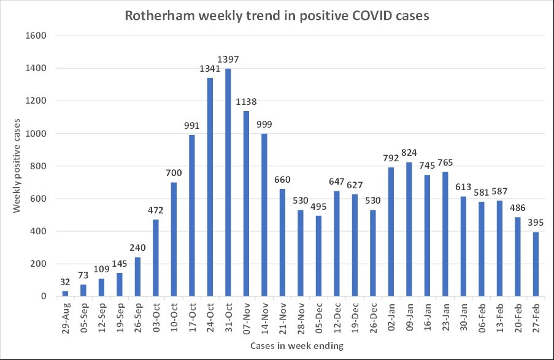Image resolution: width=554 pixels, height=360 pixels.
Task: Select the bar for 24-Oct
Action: [x=210, y=187]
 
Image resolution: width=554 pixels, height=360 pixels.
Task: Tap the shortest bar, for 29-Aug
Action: [x=65, y=294]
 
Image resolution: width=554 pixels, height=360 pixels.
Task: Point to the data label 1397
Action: [x=228, y=59]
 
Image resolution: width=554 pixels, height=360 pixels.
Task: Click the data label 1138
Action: [x=247, y=102]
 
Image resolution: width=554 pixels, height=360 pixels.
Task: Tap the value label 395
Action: [x=536, y=223]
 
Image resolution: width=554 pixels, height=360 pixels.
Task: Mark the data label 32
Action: [x=65, y=282]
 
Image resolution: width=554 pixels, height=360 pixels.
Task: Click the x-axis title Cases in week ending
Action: [x=293, y=346]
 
